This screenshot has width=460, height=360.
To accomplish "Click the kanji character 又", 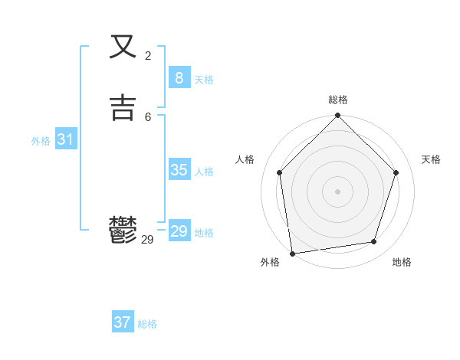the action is (123, 47).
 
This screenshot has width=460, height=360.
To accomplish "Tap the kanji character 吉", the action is (123, 107).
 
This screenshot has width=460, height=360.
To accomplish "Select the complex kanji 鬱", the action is (123, 231).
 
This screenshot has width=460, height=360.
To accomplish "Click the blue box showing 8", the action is (179, 78).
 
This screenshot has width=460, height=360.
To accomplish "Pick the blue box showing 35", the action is (179, 170).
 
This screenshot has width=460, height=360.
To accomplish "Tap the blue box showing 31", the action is (65, 139).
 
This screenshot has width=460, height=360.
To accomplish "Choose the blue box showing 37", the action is (122, 322).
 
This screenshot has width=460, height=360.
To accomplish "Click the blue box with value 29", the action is (179, 231).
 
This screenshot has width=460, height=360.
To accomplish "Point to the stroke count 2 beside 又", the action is (148, 55).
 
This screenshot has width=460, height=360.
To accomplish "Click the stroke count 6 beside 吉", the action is (148, 116).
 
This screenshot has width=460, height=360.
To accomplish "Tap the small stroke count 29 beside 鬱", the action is (148, 240).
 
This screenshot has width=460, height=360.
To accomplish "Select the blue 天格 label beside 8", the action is (204, 80).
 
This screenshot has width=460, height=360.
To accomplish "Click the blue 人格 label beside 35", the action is (204, 172).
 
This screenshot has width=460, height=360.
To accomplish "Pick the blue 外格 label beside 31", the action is (41, 141).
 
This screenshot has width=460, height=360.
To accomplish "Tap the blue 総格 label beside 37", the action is (147, 324).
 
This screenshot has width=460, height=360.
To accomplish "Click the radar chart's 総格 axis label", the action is (338, 100).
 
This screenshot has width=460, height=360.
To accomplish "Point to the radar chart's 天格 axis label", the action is (431, 159).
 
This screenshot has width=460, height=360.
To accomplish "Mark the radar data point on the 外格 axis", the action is (292, 252).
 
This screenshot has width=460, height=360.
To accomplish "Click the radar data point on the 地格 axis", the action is (374, 241).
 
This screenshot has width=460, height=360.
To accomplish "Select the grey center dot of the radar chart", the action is (337, 191).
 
